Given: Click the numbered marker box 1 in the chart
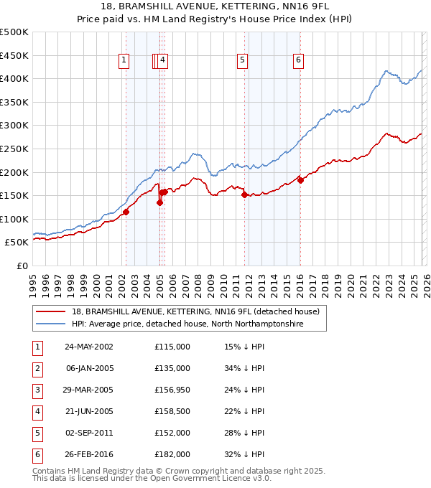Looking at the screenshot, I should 125,61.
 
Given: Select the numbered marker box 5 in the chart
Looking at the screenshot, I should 243,61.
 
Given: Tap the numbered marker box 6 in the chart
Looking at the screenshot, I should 297,61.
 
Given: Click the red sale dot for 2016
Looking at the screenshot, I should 300,180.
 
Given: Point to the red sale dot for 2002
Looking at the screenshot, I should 126,212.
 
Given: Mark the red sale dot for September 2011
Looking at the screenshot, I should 244,194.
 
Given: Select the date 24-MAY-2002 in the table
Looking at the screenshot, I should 88,347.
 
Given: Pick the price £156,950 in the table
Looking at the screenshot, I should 172,390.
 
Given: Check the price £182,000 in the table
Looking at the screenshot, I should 172,454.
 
